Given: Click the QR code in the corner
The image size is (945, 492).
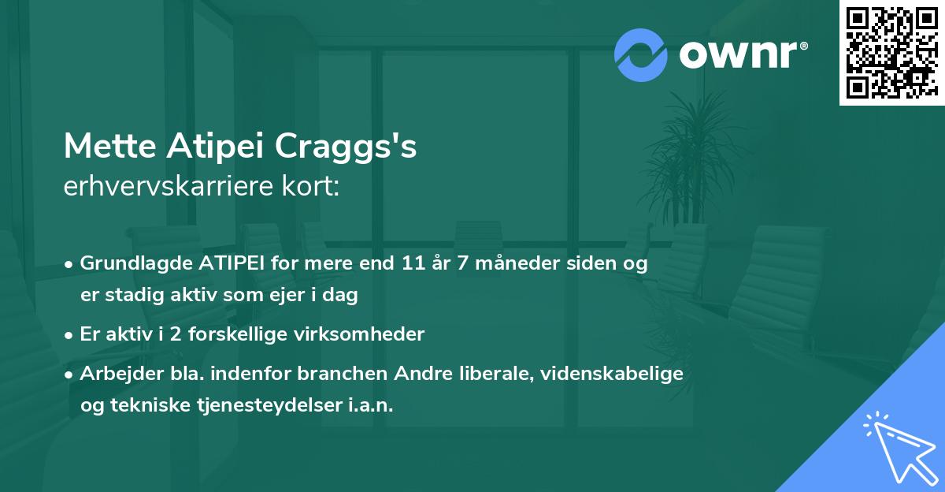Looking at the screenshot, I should (891, 53).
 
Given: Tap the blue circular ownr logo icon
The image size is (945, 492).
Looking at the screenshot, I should (641, 54).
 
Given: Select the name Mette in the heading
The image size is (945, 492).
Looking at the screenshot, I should (110, 146).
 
